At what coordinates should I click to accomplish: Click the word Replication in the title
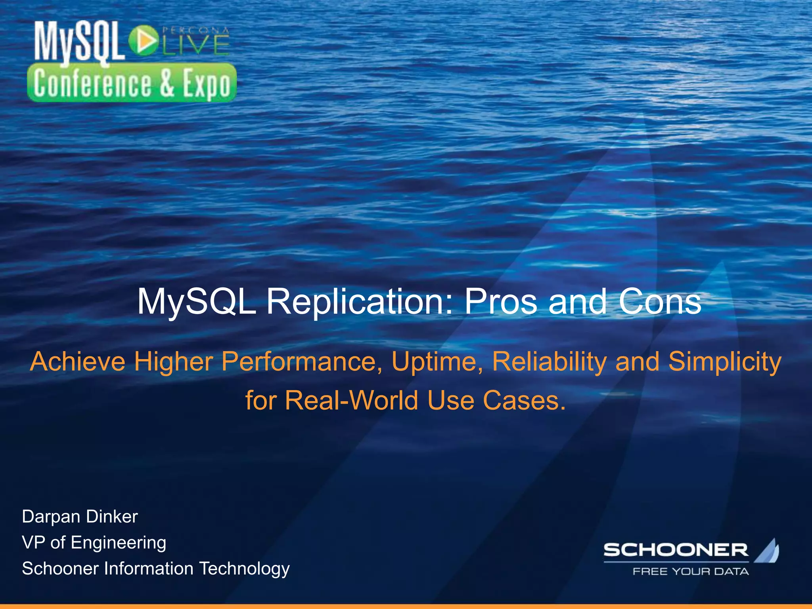[359, 302]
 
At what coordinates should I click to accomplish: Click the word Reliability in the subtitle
[549, 362]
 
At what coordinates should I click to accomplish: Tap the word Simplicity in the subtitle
[725, 362]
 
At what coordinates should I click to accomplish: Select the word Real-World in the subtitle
[352, 400]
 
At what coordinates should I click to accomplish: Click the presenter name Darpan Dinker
[80, 517]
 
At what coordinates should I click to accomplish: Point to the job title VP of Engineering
[94, 542]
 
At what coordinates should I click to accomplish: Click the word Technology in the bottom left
[244, 569]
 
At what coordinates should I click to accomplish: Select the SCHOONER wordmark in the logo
[676, 550]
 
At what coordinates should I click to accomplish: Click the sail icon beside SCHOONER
[767, 551]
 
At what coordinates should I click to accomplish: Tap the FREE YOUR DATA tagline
[690, 571]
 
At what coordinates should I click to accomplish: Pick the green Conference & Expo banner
[132, 83]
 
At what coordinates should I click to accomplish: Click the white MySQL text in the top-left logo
[77, 42]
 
